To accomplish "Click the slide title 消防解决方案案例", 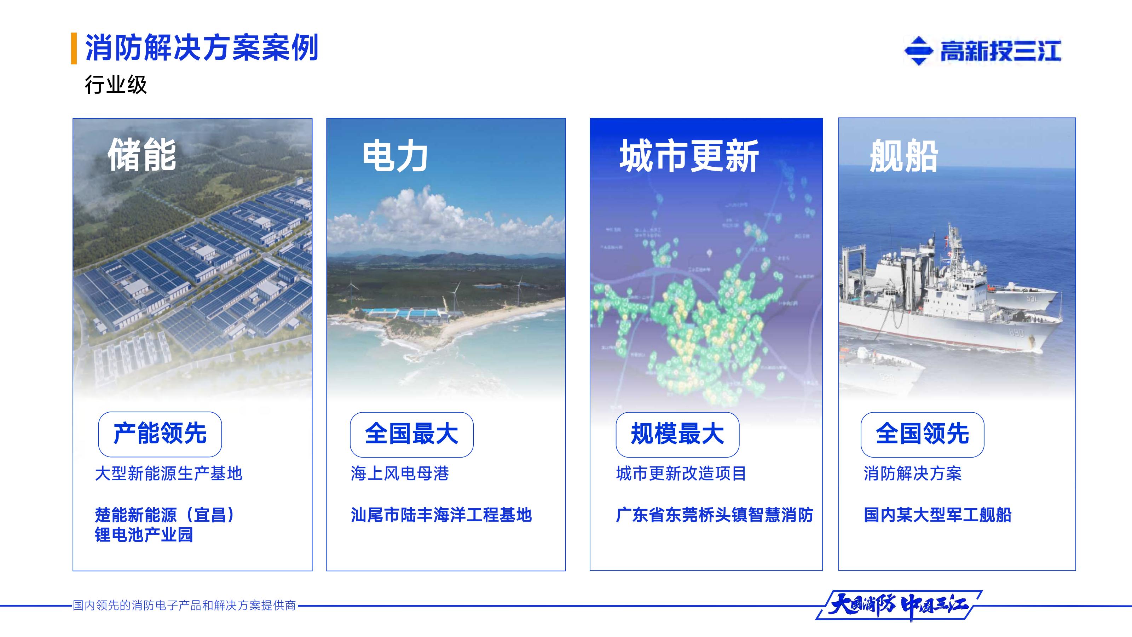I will click(201, 47).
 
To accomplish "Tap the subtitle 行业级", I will click(116, 85).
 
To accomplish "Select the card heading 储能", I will click(142, 154).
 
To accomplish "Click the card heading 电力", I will click(395, 156).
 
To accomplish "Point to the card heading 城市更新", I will click(689, 156).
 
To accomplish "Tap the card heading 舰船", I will click(904, 156).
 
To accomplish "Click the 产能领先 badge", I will click(160, 434).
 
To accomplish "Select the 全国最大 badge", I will click(411, 434).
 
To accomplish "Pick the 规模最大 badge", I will click(677, 434).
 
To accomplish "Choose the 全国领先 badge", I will click(922, 434).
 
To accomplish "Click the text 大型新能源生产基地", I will click(169, 474).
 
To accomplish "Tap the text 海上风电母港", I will click(399, 474).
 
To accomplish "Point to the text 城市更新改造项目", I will click(681, 474).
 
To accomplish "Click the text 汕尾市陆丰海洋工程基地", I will click(441, 515).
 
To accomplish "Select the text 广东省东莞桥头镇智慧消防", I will click(715, 515).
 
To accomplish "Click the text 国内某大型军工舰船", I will click(937, 515).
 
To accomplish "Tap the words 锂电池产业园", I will click(144, 535).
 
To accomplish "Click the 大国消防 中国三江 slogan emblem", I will click(899, 606).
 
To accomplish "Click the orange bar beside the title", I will click(74, 48).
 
